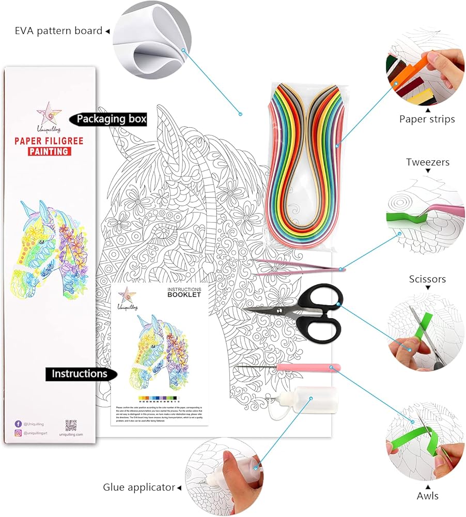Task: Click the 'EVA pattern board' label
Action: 58,31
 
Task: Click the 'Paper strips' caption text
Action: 427,119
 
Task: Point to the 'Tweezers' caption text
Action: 427,162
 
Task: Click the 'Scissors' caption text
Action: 427,279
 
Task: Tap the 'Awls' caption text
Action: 427,496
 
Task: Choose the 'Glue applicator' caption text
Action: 138,487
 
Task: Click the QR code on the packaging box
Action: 71,425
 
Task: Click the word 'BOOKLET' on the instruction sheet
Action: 183,295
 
